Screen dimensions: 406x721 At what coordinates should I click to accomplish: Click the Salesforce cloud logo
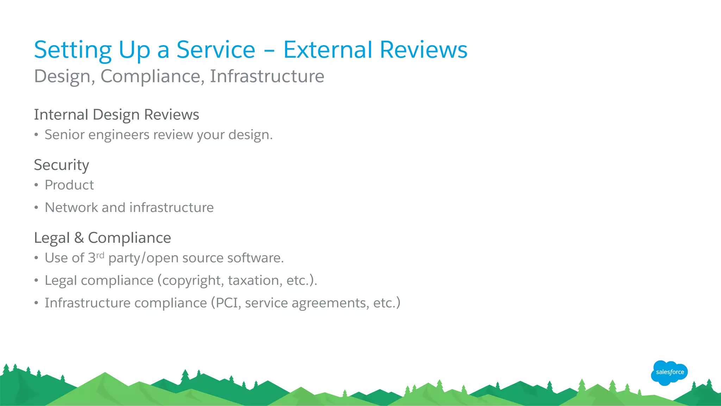[669, 373]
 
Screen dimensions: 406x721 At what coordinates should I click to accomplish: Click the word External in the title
[328, 50]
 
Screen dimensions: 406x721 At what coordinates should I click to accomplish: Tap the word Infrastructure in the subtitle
[267, 76]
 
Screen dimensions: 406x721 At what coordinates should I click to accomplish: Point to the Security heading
[62, 165]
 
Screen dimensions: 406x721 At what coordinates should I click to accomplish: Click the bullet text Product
[69, 185]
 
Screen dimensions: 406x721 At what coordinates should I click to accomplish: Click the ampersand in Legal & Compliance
[79, 238]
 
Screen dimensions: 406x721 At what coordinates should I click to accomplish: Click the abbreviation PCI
[228, 303]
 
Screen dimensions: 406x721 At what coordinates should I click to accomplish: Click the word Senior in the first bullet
[65, 135]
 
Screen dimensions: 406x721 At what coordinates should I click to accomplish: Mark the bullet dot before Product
[36, 185]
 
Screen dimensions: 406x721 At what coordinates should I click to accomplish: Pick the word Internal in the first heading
[61, 115]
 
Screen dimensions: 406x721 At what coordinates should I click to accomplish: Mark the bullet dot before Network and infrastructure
[36, 208]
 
